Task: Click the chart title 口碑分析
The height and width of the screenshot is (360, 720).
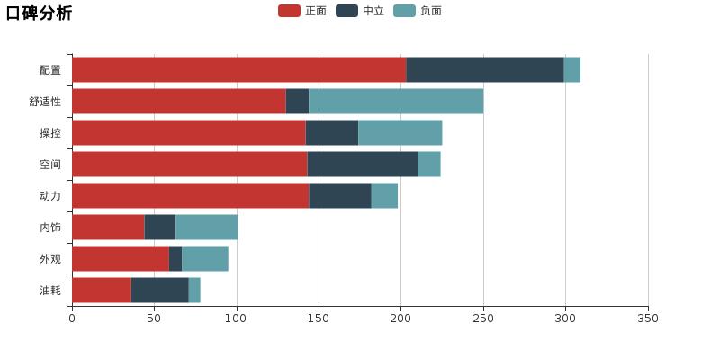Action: pyautogui.click(x=40, y=13)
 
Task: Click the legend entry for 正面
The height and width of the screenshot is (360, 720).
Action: pyautogui.click(x=302, y=11)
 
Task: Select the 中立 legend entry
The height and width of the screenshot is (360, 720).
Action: pyautogui.click(x=360, y=11)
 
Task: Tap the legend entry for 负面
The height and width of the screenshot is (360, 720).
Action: pyautogui.click(x=418, y=11)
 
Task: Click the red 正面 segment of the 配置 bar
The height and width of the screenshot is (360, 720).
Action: pyautogui.click(x=238, y=69)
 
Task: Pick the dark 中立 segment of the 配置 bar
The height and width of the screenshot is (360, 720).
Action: pyautogui.click(x=485, y=69)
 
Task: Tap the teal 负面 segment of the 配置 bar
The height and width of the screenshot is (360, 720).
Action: pyautogui.click(x=572, y=69)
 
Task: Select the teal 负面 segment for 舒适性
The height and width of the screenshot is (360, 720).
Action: pyautogui.click(x=396, y=101)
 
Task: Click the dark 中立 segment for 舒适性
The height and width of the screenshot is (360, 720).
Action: pyautogui.click(x=297, y=101)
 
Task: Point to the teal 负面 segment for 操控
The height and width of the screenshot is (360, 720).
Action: pyautogui.click(x=400, y=132)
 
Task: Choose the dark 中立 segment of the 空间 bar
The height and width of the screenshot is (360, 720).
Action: pyautogui.click(x=362, y=164)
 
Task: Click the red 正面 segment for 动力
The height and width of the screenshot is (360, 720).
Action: pyautogui.click(x=190, y=195)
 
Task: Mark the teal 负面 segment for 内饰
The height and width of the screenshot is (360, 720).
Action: pyautogui.click(x=206, y=227)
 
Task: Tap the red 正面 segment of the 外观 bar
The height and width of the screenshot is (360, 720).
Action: pyautogui.click(x=120, y=258)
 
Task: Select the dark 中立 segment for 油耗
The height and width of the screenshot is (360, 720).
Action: pyautogui.click(x=159, y=290)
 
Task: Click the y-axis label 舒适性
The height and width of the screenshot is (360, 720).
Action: pyautogui.click(x=45, y=101)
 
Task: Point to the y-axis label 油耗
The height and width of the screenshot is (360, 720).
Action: pyautogui.click(x=50, y=290)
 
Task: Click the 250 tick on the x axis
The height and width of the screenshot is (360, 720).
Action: pyautogui.click(x=483, y=318)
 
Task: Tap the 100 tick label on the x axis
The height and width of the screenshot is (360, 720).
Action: pyautogui.click(x=237, y=318)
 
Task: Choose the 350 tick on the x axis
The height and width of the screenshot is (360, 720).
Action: pyautogui.click(x=648, y=318)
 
